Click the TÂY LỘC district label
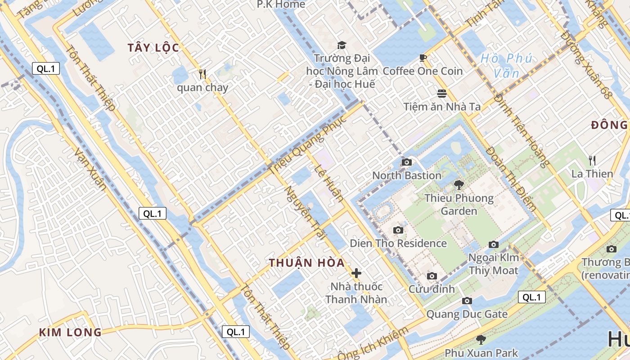pyautogui.click(x=153, y=48)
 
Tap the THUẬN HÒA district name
pyautogui.click(x=307, y=263)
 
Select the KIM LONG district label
pyautogui.click(x=70, y=333)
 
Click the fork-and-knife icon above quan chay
pyautogui.click(x=202, y=74)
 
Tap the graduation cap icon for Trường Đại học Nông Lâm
pyautogui.click(x=342, y=45)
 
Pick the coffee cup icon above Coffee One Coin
pyautogui.click(x=423, y=58)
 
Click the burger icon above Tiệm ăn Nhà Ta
pyautogui.click(x=442, y=94)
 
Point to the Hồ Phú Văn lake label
pyautogui.click(x=506, y=65)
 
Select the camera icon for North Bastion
pyautogui.click(x=407, y=162)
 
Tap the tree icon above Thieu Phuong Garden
pyautogui.click(x=459, y=184)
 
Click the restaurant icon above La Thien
pyautogui.click(x=592, y=160)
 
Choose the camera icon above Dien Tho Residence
pyautogui.click(x=398, y=230)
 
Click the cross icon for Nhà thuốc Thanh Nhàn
pyautogui.click(x=356, y=273)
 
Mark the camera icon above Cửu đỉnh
pyautogui.click(x=432, y=276)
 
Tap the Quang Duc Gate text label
pyautogui.click(x=467, y=314)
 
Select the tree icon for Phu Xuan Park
pyautogui.click(x=481, y=339)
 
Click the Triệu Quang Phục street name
pyautogui.click(x=308, y=144)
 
